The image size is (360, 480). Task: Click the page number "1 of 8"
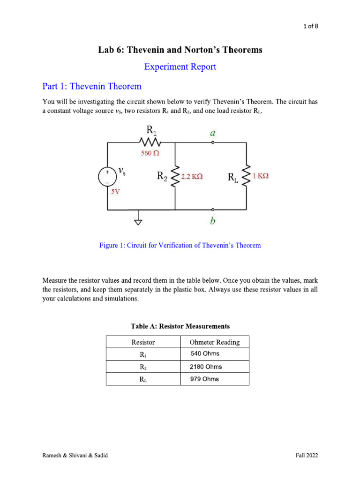coord(310,26)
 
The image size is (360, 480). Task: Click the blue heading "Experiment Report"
coord(180,67)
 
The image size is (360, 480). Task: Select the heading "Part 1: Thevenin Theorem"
coord(92,86)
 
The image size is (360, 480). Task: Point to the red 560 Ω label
coord(150,153)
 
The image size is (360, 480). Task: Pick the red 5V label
coord(115,191)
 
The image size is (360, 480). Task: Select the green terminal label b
coord(213,221)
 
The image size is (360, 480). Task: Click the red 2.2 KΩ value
coord(192,177)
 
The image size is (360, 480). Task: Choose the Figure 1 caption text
coord(180,245)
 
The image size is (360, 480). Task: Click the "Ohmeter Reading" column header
coord(214,342)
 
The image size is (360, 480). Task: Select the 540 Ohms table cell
coord(205,354)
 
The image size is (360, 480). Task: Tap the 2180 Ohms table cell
coord(206,367)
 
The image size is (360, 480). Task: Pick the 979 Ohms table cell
coord(204,379)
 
